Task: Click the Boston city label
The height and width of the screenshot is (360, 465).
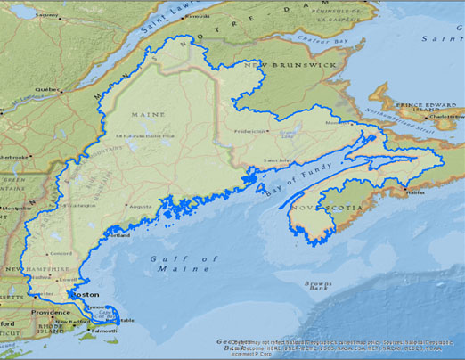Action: tap(86, 294)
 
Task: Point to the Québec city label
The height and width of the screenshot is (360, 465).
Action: tap(45, 89)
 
